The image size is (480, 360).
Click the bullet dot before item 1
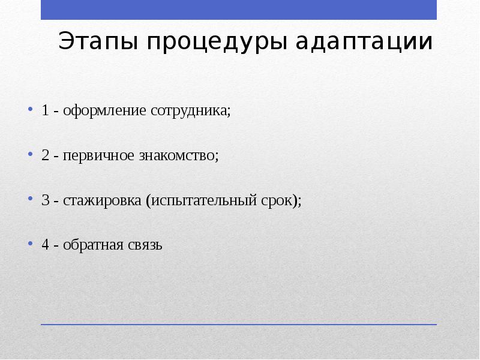pos(29,110)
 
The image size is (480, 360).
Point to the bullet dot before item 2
pos(29,155)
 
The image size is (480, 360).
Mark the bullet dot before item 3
pos(29,199)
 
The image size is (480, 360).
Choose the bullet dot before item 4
pos(29,244)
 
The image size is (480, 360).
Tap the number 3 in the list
pos(46,200)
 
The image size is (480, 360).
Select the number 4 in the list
pos(46,245)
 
